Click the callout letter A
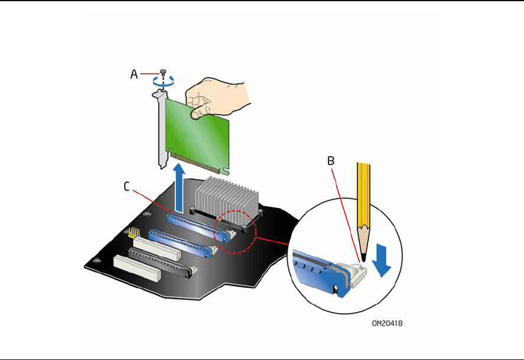coord(134,74)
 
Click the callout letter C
coord(127,187)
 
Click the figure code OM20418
coord(388,323)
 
